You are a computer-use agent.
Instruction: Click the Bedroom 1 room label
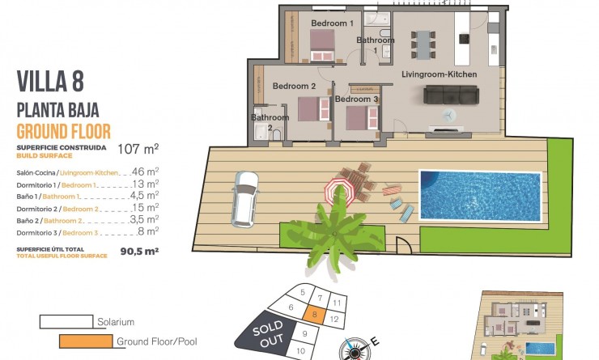tap(332, 23)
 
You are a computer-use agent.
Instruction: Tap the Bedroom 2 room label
tap(293, 86)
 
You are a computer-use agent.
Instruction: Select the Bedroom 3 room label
tap(356, 99)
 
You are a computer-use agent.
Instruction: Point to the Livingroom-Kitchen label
tap(439, 74)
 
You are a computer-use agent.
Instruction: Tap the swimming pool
tap(479, 195)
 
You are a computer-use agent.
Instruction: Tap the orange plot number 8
tap(313, 316)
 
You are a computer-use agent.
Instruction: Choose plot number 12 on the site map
tap(335, 320)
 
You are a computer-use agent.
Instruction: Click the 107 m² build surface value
tap(138, 148)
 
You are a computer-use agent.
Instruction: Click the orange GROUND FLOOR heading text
tap(64, 131)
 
